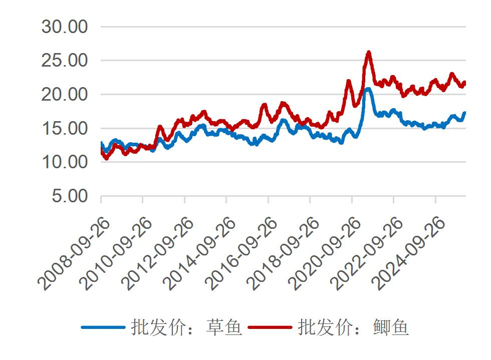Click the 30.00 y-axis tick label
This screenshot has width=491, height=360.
tap(65, 27)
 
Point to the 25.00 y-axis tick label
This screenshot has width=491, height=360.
tap(65, 61)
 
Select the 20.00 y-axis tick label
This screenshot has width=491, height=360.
tap(65, 94)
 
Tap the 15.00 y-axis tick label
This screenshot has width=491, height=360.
tap(65, 128)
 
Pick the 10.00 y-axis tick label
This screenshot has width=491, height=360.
tap(65, 162)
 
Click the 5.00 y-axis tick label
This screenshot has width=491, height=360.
tap(70, 196)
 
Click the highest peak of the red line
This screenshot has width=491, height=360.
tap(369, 52)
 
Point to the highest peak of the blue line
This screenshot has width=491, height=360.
tap(368, 89)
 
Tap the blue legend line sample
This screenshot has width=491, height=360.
tap(103, 327)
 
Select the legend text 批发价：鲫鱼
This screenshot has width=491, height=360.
tap(353, 327)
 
